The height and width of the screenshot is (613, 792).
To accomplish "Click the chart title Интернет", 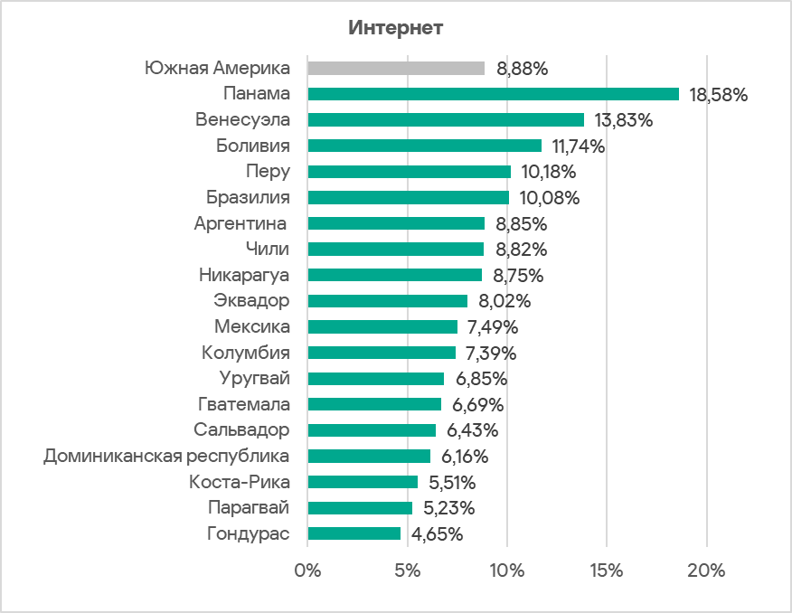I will coord(395,28).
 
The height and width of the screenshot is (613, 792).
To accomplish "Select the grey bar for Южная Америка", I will coord(396,68).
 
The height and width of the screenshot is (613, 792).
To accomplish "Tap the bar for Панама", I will coord(493,94).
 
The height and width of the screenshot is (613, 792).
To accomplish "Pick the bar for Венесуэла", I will coord(446,119).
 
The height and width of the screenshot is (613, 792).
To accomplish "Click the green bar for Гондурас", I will coord(354,533).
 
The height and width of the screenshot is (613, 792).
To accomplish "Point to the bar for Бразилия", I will coord(408,197).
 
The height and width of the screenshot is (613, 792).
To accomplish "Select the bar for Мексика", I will coord(382,326).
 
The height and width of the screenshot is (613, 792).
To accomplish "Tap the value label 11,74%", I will coord(580,146).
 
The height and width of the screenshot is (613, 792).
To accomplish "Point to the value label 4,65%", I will coord(438,533).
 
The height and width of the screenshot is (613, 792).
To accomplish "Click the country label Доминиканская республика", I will coord(166,456).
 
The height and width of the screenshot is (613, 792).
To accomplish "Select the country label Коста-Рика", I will coord(240,482).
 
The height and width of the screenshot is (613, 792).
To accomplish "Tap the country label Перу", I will coord(268,172).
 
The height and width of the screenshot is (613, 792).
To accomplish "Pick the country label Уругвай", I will coord(255,378).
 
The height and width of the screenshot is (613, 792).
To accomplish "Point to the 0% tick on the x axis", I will coord(308,571).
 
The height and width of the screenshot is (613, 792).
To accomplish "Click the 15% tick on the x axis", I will coord(607,571).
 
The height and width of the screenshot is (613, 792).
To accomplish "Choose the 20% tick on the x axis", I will coord(706,571).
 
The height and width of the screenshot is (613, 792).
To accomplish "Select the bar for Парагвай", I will coord(360,507).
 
